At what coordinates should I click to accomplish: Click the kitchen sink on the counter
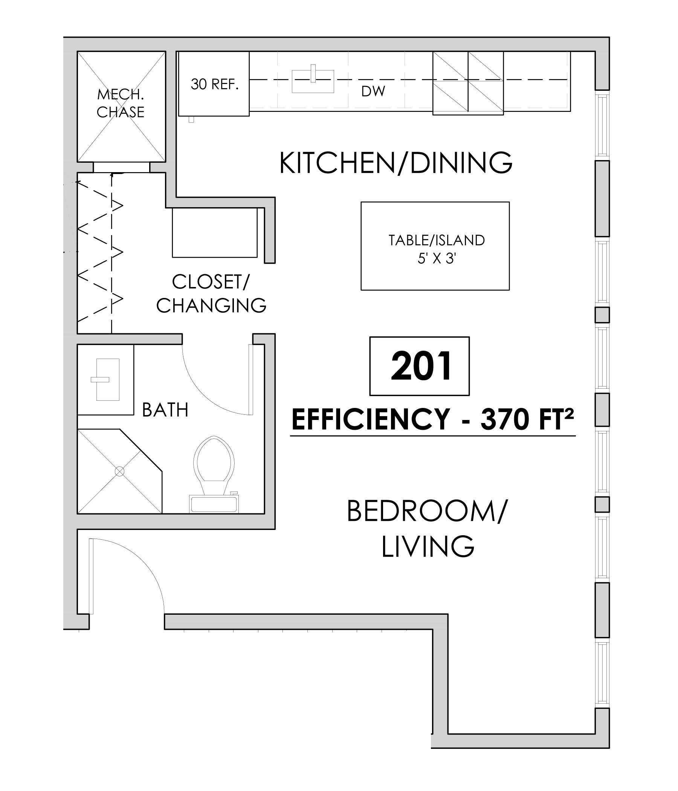(313, 81)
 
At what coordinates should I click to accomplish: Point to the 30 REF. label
(215, 84)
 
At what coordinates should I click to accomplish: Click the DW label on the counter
(373, 91)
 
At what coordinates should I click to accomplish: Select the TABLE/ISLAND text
(436, 241)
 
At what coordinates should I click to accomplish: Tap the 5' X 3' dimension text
(437, 259)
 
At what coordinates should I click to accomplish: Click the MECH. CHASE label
(120, 103)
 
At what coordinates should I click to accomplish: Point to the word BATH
(165, 411)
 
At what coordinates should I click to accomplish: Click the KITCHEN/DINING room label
(396, 163)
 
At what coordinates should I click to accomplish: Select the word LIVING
(428, 546)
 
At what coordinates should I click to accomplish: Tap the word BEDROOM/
(428, 511)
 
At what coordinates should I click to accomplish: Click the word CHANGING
(211, 305)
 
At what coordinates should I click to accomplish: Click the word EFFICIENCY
(371, 419)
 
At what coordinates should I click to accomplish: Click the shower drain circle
(120, 472)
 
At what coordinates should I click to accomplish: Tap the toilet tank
(214, 504)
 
